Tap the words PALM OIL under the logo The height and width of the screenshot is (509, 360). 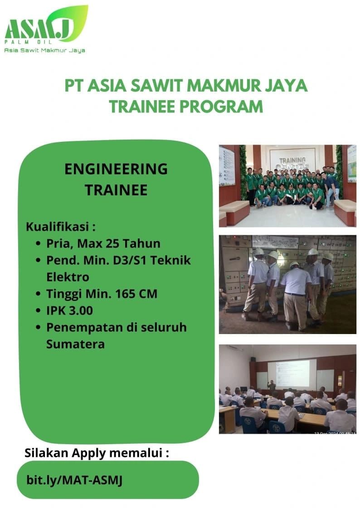28,42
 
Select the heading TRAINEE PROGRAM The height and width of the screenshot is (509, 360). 186,107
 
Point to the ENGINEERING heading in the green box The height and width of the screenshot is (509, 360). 116,169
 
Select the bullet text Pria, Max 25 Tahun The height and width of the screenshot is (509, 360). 103,243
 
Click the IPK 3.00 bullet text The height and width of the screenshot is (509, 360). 69,310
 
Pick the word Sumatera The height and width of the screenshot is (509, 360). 75,344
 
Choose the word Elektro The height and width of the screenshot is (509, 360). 68,277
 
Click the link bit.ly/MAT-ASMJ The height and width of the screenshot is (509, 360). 74,480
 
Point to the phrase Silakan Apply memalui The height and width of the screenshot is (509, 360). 97,452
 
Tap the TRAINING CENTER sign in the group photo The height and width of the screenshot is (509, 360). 292,162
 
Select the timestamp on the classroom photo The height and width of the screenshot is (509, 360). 335,433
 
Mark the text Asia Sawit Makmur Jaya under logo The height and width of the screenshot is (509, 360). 44,50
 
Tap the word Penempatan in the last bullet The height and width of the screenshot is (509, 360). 85,327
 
